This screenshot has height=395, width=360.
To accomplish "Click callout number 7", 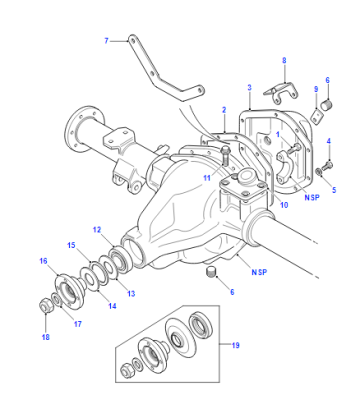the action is tap(106, 41).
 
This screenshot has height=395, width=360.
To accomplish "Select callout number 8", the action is tap(284, 61).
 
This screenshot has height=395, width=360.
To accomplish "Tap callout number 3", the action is tap(249, 88).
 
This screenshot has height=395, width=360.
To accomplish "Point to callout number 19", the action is tap(235, 345).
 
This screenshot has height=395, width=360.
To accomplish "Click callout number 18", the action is tap(45, 337).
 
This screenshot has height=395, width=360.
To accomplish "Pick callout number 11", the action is tap(207, 178).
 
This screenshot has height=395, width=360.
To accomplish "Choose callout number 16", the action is tap(43, 261).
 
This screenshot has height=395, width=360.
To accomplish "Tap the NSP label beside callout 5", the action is tap(312, 197).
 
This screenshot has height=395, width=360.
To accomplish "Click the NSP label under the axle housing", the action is tap(259, 272).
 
